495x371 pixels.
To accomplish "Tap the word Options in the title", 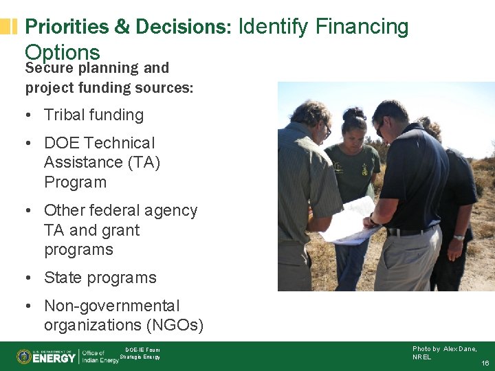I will click(63, 52).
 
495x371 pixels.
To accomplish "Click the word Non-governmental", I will click(111, 306).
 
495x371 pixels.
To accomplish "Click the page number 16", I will click(485, 363).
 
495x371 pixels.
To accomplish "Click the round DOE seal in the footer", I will click(24, 357).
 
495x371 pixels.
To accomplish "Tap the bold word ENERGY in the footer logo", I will click(54, 357).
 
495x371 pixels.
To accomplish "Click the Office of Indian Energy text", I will click(100, 357).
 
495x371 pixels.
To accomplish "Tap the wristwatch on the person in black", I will click(459, 237).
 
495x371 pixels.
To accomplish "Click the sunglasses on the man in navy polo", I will click(379, 127).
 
